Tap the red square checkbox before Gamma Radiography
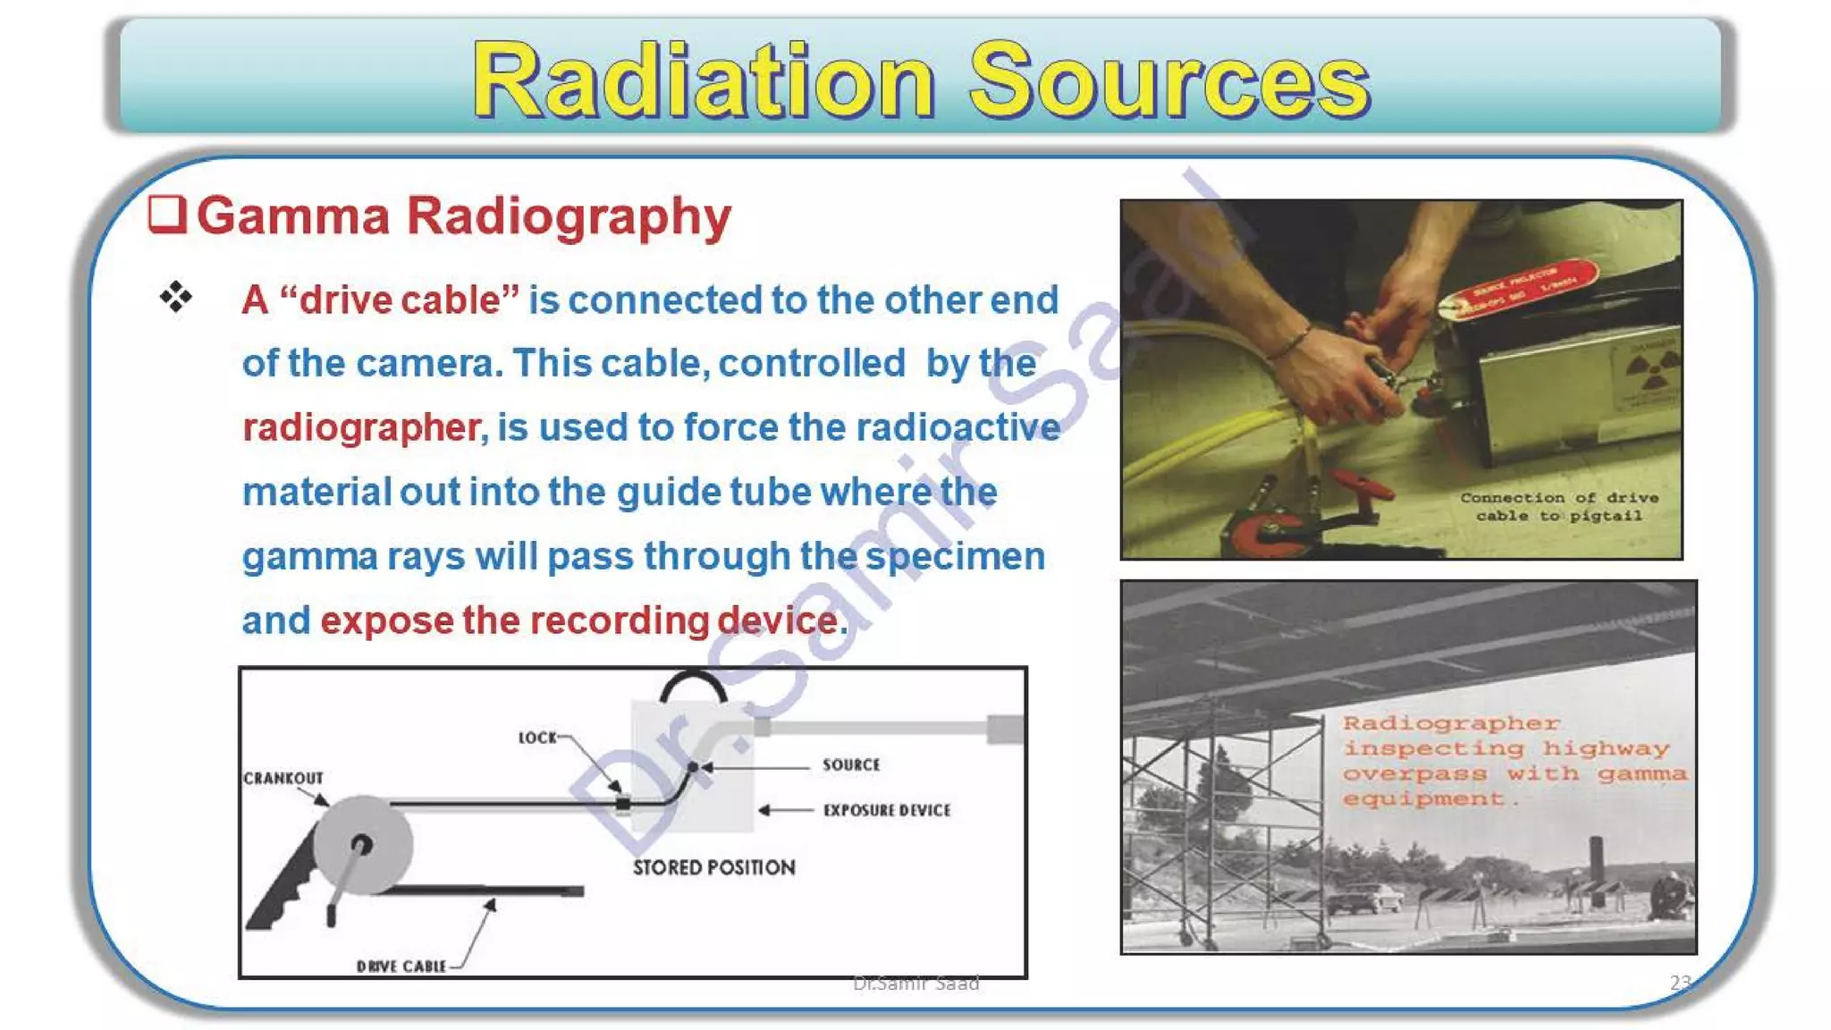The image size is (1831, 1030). [x=167, y=215]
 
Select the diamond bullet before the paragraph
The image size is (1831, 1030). [x=176, y=297]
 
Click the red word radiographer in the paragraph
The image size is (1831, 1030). [x=362, y=427]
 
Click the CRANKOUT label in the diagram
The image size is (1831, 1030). [x=283, y=778]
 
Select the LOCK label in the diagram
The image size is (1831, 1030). [x=537, y=738]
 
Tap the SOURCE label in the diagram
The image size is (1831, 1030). [x=851, y=765]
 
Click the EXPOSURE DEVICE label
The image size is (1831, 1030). [x=887, y=810]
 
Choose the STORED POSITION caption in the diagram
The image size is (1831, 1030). [x=713, y=867]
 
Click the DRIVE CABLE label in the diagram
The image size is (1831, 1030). [x=401, y=966]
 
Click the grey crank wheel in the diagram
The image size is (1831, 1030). [x=362, y=845]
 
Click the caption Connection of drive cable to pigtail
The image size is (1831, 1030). [x=1558, y=506]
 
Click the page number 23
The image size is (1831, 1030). [x=1679, y=982]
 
